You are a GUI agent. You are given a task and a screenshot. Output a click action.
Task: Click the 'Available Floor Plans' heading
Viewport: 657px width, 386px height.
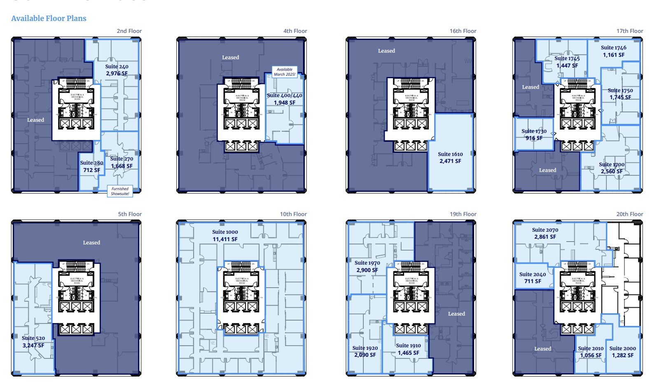point(49,19)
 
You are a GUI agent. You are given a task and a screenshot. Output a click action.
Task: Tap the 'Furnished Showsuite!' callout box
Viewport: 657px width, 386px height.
point(120,191)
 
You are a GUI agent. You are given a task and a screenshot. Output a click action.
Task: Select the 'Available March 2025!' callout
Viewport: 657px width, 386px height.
point(285,72)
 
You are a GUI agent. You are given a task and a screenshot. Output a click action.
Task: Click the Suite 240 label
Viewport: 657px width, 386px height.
point(117,70)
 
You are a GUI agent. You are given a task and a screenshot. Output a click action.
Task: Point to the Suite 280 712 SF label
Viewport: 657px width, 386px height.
point(91,166)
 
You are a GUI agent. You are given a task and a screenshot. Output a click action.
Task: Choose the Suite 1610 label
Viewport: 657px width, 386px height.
point(450,158)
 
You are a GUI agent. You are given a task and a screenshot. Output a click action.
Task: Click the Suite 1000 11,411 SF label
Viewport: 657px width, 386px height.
point(225,235)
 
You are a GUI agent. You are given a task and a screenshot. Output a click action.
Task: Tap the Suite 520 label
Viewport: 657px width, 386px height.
point(33,342)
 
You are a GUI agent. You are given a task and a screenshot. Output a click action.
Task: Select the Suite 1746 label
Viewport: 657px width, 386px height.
point(613,51)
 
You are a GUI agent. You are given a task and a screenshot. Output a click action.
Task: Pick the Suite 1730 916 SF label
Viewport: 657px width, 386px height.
point(534,135)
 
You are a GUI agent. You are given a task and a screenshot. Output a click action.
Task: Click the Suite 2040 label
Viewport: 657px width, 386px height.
point(533,278)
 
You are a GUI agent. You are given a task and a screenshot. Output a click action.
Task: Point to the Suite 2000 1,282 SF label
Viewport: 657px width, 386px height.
point(622,352)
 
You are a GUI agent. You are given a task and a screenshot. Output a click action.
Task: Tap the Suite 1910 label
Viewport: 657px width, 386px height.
point(408,349)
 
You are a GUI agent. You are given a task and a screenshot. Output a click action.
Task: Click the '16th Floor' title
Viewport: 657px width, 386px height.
point(463,31)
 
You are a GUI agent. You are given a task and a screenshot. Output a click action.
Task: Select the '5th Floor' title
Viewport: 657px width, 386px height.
point(130,214)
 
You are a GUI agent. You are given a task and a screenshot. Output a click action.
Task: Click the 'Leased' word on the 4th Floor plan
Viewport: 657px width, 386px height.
point(230,58)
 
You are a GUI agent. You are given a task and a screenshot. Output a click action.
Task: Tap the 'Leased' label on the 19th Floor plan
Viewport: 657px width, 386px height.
point(456,314)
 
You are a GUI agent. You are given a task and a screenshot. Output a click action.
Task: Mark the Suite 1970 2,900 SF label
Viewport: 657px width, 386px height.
point(367,266)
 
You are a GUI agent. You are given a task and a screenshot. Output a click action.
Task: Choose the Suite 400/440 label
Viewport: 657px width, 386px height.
point(284,99)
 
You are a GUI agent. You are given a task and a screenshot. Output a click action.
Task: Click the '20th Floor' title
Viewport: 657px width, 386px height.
point(629,214)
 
